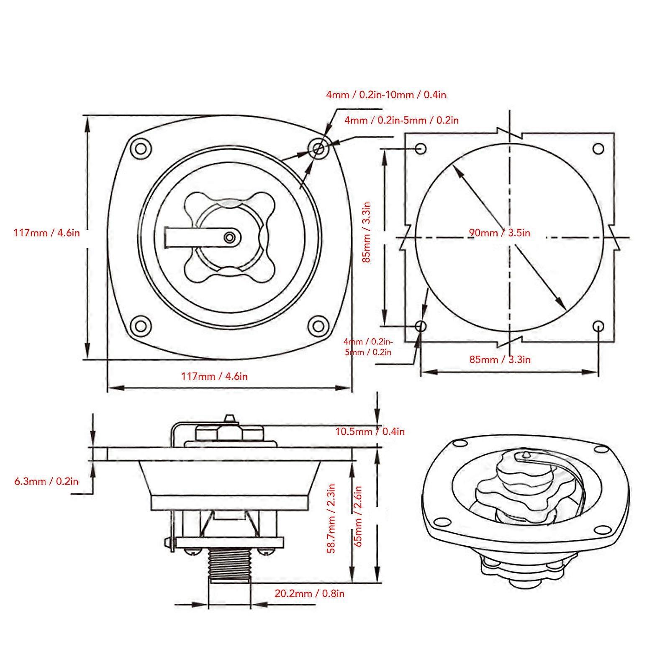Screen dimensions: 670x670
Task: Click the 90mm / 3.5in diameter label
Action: point(499,233)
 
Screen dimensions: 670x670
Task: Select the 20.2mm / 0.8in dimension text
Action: point(309,593)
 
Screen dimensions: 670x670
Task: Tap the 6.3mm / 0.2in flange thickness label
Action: point(46,481)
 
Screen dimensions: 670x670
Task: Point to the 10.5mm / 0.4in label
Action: point(370,431)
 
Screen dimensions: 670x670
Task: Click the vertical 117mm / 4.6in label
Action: point(46,233)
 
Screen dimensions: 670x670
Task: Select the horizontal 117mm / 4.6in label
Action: point(214,376)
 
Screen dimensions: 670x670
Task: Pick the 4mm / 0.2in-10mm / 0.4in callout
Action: point(386,95)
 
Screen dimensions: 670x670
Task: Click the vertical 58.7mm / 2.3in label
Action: point(331,519)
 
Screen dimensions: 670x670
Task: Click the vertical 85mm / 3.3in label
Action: point(367,232)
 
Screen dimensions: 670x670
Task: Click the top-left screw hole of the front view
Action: point(141,149)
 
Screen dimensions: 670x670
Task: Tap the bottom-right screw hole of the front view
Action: point(318,325)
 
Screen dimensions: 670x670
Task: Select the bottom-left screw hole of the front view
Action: point(141,325)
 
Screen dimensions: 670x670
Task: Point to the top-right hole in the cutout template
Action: point(599,149)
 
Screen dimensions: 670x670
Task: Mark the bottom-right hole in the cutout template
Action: point(599,326)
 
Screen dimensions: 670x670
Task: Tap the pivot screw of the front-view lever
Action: point(229,237)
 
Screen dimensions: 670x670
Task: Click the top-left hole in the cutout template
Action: point(421,149)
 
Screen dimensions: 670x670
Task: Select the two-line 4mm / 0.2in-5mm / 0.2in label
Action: point(368,347)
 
